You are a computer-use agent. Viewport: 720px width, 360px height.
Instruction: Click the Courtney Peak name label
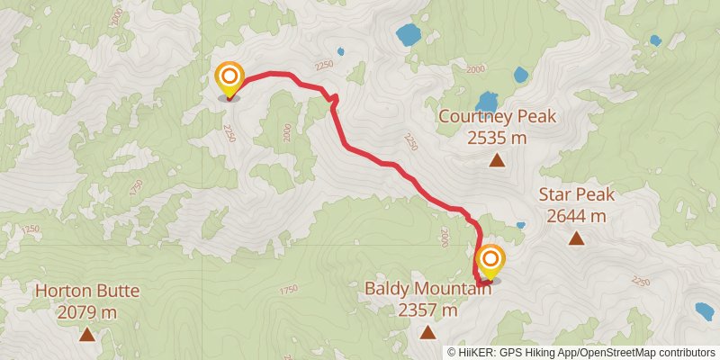tap(497, 118)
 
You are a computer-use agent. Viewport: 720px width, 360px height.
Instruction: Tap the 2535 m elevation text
tap(497, 138)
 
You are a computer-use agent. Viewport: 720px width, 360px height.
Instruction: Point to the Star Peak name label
tap(576, 195)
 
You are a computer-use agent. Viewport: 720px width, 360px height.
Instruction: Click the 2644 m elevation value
tap(576, 216)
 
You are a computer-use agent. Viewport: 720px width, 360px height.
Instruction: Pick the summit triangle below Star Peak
tap(576, 238)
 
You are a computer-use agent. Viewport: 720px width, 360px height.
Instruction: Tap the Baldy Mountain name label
tap(427, 290)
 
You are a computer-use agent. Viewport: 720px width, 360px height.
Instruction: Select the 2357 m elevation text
tap(427, 310)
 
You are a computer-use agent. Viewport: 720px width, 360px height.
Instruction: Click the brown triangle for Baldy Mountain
tap(427, 333)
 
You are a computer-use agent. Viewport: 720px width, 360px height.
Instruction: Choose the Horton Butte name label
tap(86, 292)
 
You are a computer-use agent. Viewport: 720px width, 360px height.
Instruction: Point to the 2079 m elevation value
tap(86, 312)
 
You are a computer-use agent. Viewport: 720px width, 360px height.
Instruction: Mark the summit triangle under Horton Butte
tap(86, 335)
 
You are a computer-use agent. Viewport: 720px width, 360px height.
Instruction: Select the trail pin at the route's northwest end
tap(229, 77)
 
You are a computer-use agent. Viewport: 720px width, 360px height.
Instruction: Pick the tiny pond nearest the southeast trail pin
tap(520, 225)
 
